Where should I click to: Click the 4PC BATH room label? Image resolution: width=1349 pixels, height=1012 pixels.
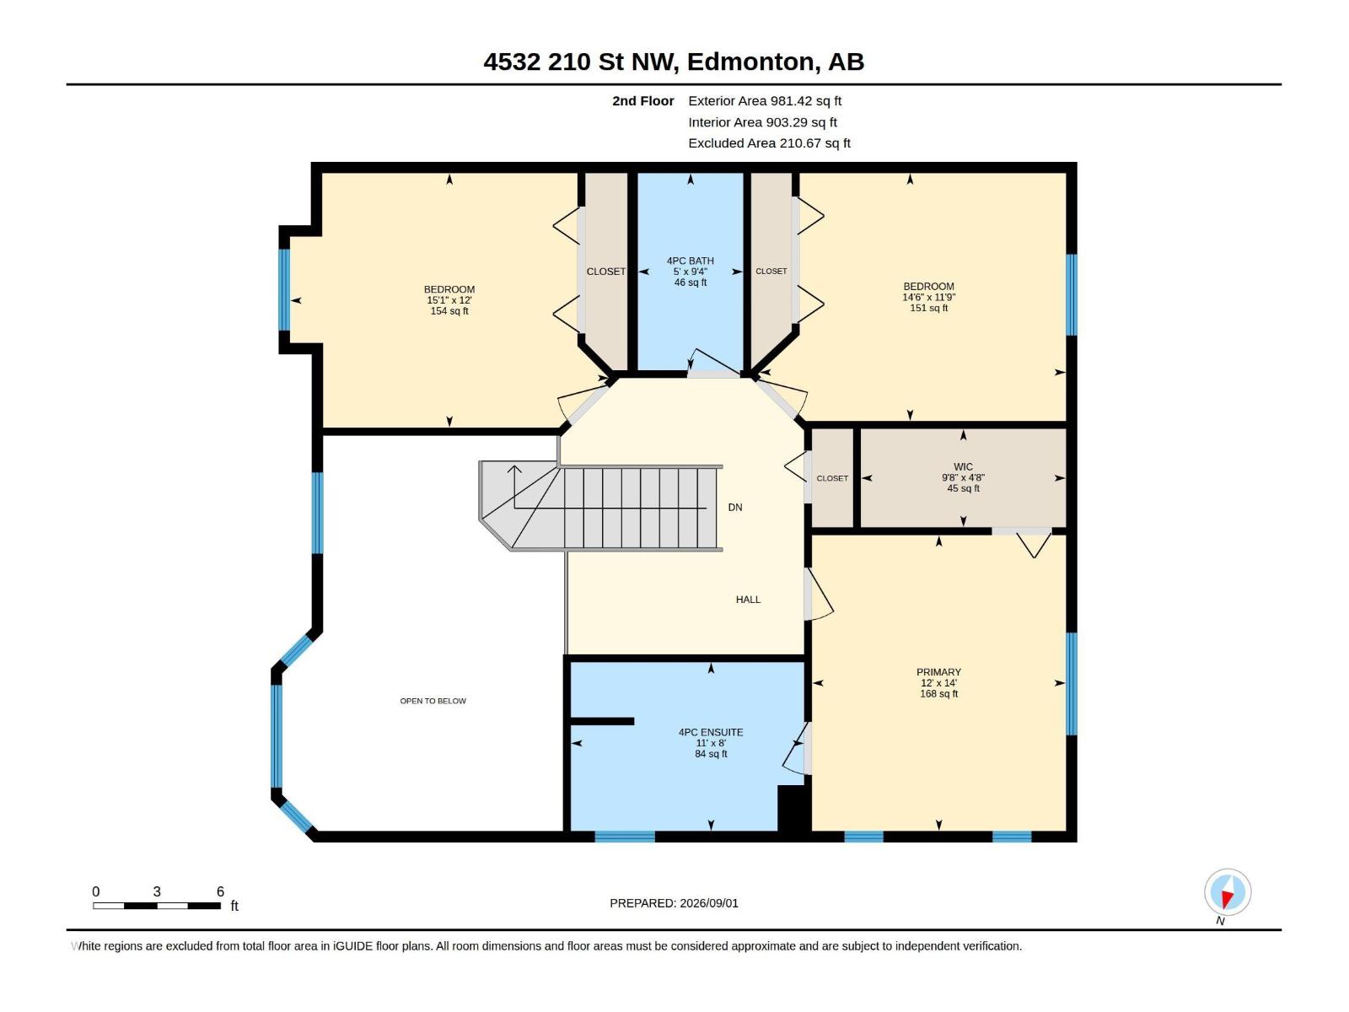tap(691, 261)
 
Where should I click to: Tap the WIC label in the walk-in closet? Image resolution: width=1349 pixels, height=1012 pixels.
tap(963, 467)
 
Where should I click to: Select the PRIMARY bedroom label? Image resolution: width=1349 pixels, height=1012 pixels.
tap(938, 672)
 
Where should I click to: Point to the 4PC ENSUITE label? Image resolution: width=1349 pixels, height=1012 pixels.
tap(711, 732)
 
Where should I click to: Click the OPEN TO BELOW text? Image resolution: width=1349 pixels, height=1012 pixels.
tap(433, 701)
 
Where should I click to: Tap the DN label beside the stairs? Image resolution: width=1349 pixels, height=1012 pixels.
tap(735, 508)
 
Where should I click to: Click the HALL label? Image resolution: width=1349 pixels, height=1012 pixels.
tap(749, 600)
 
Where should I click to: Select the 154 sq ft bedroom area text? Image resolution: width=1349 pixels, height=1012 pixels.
tap(449, 311)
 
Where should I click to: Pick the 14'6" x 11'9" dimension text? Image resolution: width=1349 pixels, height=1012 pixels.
tap(928, 298)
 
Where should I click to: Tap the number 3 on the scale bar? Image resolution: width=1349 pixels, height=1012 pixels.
tap(157, 891)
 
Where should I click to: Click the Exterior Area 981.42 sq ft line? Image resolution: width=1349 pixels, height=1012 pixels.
tap(765, 101)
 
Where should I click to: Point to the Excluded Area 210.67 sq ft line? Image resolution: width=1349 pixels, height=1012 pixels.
tap(770, 143)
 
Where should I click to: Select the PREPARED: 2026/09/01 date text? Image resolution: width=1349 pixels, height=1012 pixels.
tap(674, 903)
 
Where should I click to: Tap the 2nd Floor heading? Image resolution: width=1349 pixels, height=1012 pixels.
tap(642, 101)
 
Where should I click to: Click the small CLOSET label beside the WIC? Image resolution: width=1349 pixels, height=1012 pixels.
tap(832, 479)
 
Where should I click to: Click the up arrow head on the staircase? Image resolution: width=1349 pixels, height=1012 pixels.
tap(514, 470)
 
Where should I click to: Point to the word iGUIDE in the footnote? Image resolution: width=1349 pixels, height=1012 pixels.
tap(353, 946)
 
